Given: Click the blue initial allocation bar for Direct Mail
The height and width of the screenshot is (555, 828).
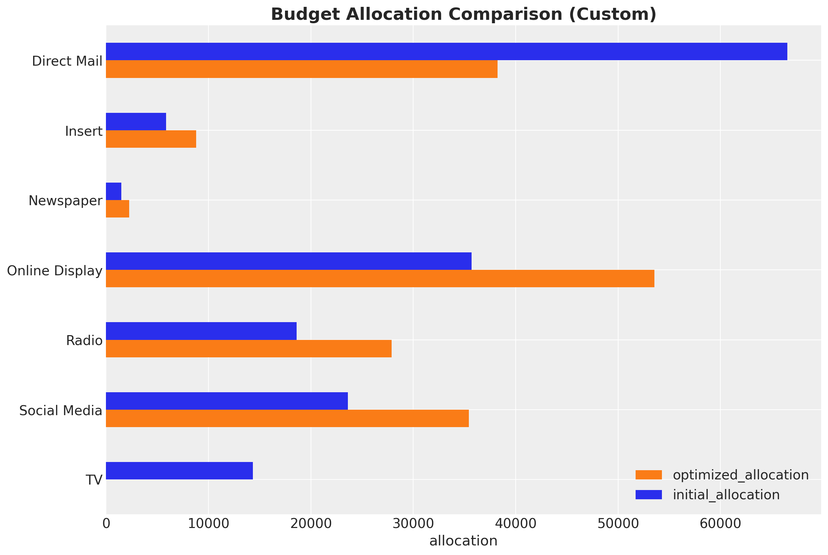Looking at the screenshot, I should (x=446, y=52).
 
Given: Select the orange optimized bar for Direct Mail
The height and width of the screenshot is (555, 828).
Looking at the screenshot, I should (x=301, y=69).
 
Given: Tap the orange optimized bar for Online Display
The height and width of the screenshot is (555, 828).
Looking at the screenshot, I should (x=380, y=279).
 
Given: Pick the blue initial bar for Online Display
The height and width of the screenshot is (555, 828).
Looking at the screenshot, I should (x=289, y=261).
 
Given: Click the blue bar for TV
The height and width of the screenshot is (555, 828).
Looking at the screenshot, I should (x=179, y=471).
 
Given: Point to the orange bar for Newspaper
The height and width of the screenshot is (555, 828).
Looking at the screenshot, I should (x=118, y=209).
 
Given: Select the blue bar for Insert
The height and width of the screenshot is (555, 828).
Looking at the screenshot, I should (x=136, y=121).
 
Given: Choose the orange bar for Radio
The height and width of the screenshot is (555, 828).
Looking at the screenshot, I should (x=249, y=349).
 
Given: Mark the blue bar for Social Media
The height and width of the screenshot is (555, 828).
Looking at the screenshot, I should (x=227, y=401).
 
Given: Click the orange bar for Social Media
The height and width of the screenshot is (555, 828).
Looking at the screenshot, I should (x=287, y=418).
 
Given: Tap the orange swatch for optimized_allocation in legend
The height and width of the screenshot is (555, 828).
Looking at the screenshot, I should (x=648, y=475).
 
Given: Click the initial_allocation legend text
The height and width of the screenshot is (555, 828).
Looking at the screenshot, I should (x=726, y=495).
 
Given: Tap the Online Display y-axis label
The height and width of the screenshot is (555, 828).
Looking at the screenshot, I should (x=54, y=271).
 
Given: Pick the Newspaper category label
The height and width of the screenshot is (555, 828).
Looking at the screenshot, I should (x=65, y=201).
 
